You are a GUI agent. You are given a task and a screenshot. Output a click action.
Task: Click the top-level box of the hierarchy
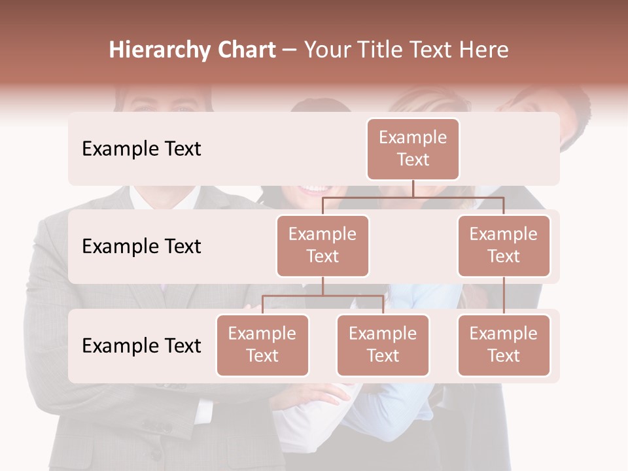tap(413, 149)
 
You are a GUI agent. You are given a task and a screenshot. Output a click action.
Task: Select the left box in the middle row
tap(323, 246)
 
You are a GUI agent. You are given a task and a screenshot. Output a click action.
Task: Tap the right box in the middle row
tap(504, 246)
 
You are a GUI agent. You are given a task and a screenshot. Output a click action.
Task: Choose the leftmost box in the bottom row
tap(262, 345)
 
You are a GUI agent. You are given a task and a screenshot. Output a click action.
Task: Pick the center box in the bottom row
tap(383, 345)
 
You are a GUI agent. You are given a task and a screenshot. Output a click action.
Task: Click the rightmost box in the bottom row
tap(504, 345)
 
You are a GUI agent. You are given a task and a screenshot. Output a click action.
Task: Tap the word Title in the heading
tap(381, 50)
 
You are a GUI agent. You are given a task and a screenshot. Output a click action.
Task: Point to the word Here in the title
tap(484, 50)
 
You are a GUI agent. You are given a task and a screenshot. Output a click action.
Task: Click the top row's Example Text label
tap(141, 149)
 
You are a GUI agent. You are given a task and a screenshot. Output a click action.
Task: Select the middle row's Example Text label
tap(141, 247)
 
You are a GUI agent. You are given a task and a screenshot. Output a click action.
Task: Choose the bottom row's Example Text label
tap(141, 346)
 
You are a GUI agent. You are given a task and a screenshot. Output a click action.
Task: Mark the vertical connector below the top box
tap(413, 188)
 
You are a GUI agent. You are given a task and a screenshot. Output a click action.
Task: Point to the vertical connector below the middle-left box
tap(323, 286)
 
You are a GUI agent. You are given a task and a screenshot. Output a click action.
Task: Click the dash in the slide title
tap(290, 50)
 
